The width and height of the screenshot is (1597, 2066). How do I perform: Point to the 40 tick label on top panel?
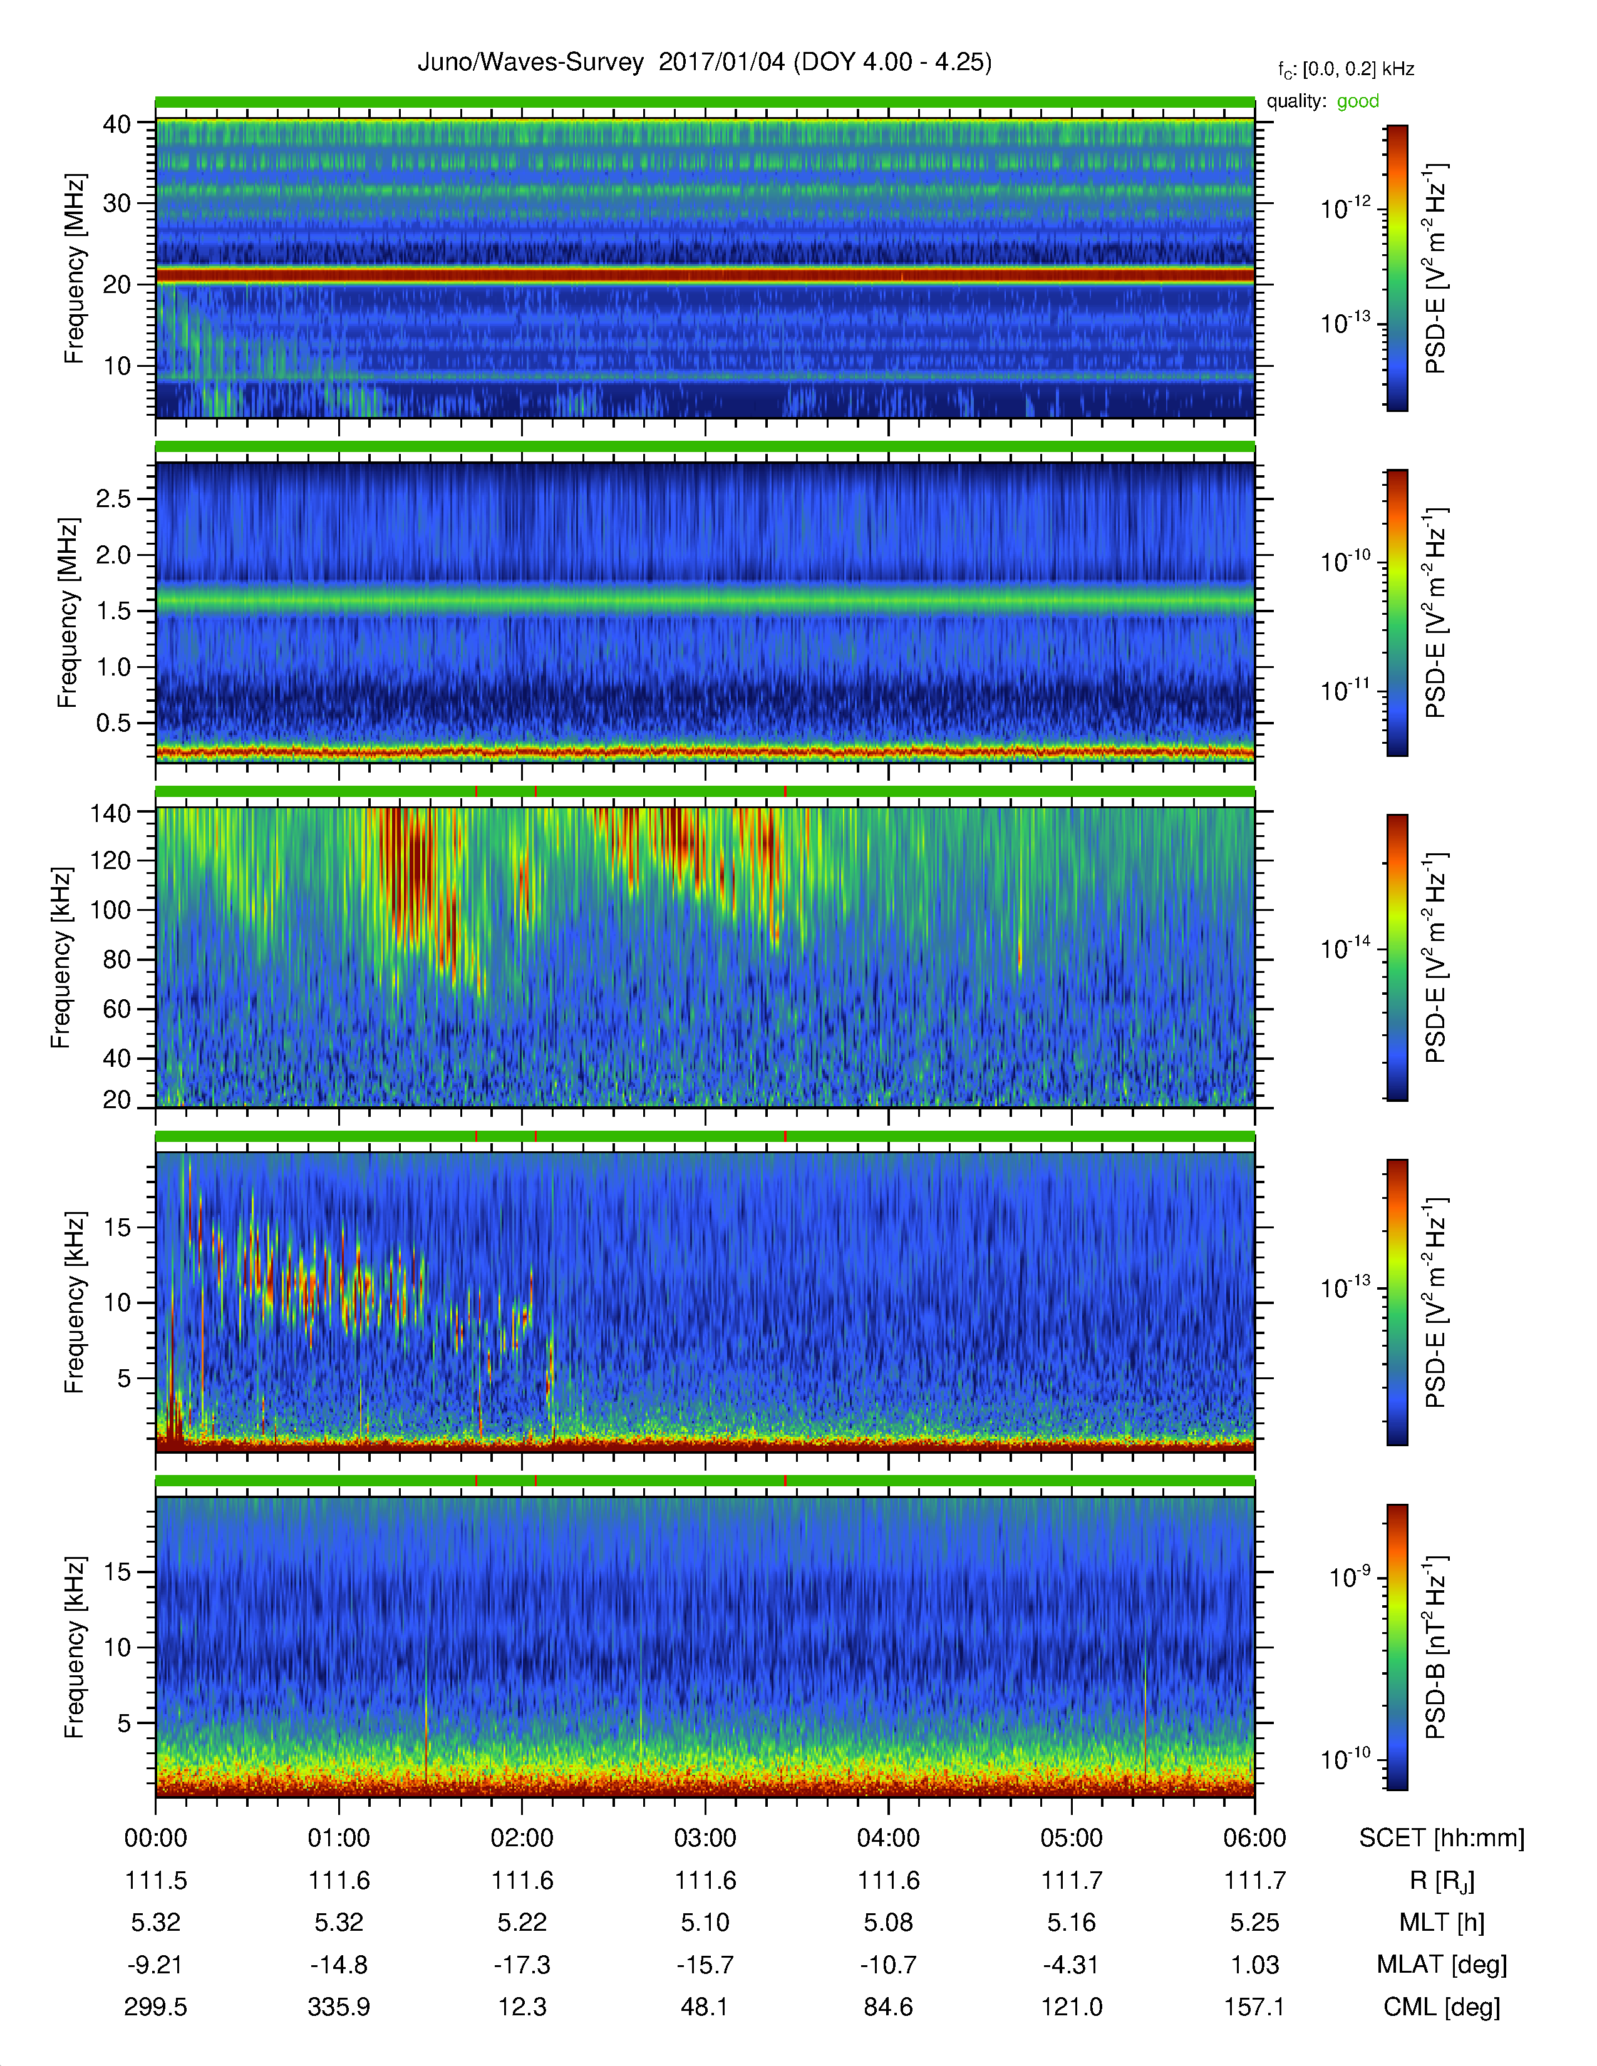[x=116, y=124]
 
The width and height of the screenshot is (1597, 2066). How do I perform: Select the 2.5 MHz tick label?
[x=113, y=498]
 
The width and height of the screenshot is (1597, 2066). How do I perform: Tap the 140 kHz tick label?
[x=110, y=813]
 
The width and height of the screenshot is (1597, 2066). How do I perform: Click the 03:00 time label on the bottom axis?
[x=705, y=1838]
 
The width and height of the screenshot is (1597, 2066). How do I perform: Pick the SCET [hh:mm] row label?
[x=1441, y=1838]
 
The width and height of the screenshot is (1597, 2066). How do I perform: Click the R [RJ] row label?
[x=1441, y=1881]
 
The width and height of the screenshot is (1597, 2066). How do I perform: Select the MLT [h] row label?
[x=1441, y=1922]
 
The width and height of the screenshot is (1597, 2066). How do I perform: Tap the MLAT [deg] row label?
[x=1441, y=1965]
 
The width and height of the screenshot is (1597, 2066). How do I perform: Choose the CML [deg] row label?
[x=1441, y=2007]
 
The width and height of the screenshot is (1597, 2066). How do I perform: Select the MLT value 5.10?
[x=705, y=1922]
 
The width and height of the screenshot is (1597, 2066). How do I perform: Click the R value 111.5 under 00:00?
[x=156, y=1881]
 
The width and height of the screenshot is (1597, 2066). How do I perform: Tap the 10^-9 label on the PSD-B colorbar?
[x=1349, y=1577]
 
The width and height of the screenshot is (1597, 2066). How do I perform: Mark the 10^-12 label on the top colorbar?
[x=1345, y=208]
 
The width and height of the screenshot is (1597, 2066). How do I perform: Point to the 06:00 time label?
[x=1254, y=1838]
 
